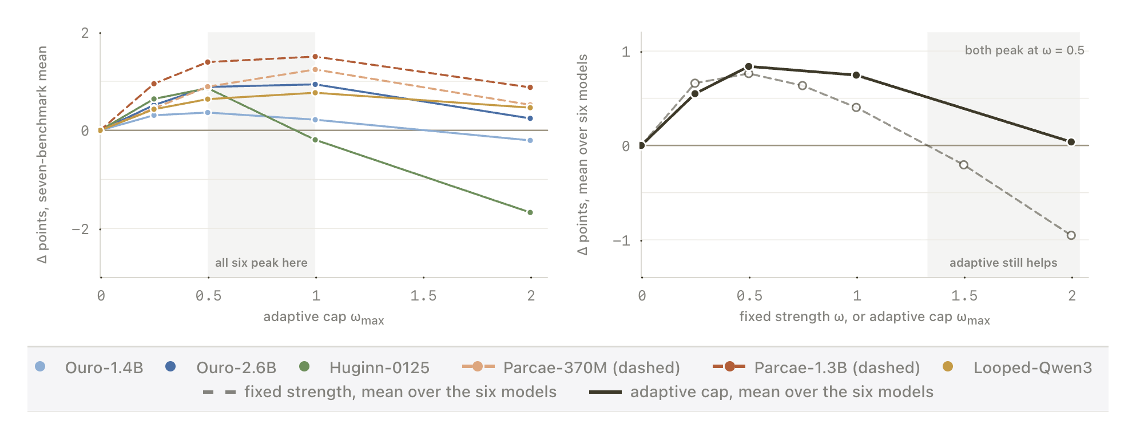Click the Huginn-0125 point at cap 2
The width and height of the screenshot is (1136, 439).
pyautogui.click(x=530, y=212)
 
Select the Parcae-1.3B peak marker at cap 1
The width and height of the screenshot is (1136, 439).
pyautogui.click(x=315, y=57)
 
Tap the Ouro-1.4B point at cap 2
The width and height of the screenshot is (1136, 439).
pyautogui.click(x=530, y=140)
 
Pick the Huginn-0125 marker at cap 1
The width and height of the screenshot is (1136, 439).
pyautogui.click(x=315, y=140)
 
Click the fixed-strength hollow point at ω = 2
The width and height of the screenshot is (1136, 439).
pyautogui.click(x=1071, y=235)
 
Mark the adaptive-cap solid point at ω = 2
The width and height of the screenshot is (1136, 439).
pyautogui.click(x=1071, y=142)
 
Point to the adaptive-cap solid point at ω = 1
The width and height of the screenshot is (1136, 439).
pyautogui.click(x=856, y=75)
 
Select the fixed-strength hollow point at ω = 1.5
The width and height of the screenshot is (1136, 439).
pyautogui.click(x=964, y=165)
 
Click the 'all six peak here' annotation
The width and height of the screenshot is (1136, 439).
pyautogui.click(x=261, y=263)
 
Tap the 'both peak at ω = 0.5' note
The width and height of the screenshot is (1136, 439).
pyautogui.click(x=1024, y=50)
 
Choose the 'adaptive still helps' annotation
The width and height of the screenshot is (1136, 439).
pyautogui.click(x=1003, y=263)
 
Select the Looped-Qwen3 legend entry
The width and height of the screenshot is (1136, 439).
pyautogui.click(x=1017, y=367)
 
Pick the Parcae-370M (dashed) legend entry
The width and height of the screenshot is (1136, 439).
pyautogui.click(x=571, y=367)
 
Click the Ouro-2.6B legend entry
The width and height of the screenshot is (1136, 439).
pyautogui.click(x=221, y=367)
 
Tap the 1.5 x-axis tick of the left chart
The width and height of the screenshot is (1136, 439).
pyautogui.click(x=423, y=296)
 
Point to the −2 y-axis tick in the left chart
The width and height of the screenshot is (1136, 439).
pyautogui.click(x=80, y=230)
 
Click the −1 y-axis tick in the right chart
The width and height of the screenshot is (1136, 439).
pyautogui.click(x=621, y=241)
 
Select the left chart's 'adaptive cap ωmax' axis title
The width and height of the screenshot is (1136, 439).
pyautogui.click(x=324, y=318)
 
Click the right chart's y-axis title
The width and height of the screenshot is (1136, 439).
pyautogui.click(x=582, y=155)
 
